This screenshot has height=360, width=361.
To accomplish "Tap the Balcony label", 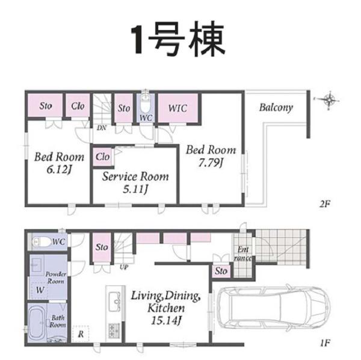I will [276, 108].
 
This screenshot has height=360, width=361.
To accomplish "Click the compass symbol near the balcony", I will [329, 100].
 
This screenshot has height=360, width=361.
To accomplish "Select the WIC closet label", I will [177, 109].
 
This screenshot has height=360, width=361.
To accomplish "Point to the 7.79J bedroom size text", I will [210, 162].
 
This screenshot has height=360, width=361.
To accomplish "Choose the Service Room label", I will [135, 177].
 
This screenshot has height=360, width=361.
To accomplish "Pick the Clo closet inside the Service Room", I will [103, 157].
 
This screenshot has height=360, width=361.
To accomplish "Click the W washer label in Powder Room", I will [39, 290].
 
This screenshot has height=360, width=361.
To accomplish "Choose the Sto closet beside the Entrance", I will [221, 271].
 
